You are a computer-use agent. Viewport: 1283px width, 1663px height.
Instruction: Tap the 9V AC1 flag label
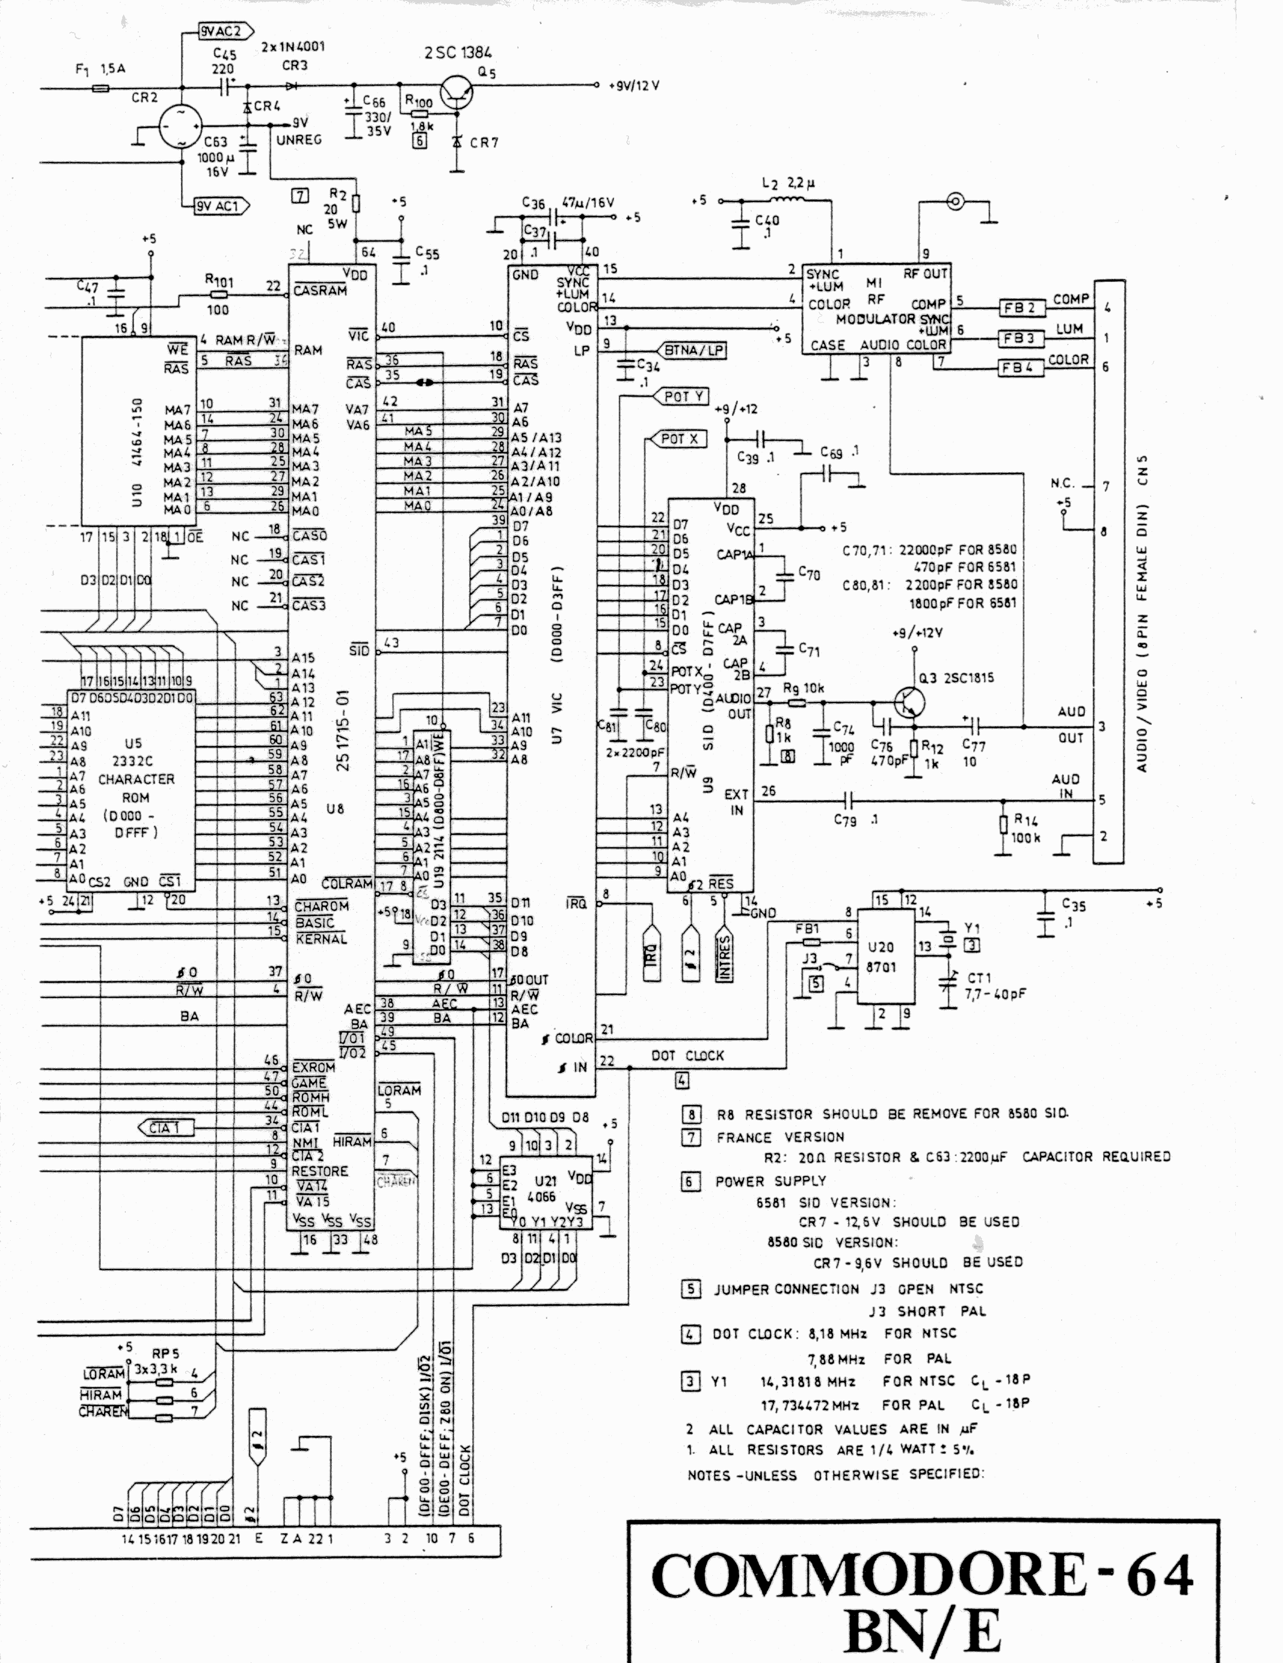(x=219, y=206)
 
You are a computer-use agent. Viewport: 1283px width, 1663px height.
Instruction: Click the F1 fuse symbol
(x=100, y=89)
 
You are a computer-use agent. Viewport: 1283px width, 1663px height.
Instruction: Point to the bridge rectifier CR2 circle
(x=181, y=126)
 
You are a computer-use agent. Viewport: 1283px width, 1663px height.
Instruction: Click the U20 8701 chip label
(x=881, y=957)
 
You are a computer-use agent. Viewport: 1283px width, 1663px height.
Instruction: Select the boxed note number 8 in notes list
(x=691, y=1115)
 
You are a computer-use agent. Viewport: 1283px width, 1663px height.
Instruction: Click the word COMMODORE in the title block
(x=867, y=1575)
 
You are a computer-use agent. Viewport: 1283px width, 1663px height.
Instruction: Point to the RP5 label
(x=165, y=1355)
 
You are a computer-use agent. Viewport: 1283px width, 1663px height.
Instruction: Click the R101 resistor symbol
(x=218, y=295)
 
